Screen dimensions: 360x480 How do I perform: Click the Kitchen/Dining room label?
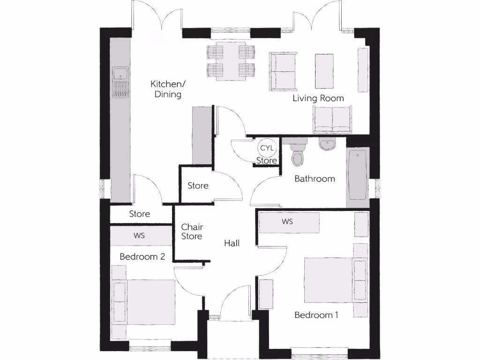click(168, 89)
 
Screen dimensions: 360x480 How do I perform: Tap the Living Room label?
click(318, 98)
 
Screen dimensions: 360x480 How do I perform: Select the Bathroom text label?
click(315, 179)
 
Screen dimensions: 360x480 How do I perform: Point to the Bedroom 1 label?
click(316, 315)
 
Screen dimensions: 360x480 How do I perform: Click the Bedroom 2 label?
click(142, 257)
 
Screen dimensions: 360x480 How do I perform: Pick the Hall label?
click(232, 243)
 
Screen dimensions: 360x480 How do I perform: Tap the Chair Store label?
click(192, 232)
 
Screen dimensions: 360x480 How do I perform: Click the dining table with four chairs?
click(230, 61)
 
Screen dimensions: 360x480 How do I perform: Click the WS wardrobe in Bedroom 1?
click(287, 222)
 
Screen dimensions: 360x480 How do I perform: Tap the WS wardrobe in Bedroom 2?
click(139, 235)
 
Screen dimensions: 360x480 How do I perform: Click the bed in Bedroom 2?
click(145, 301)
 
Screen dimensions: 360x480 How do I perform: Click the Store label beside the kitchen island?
click(198, 186)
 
